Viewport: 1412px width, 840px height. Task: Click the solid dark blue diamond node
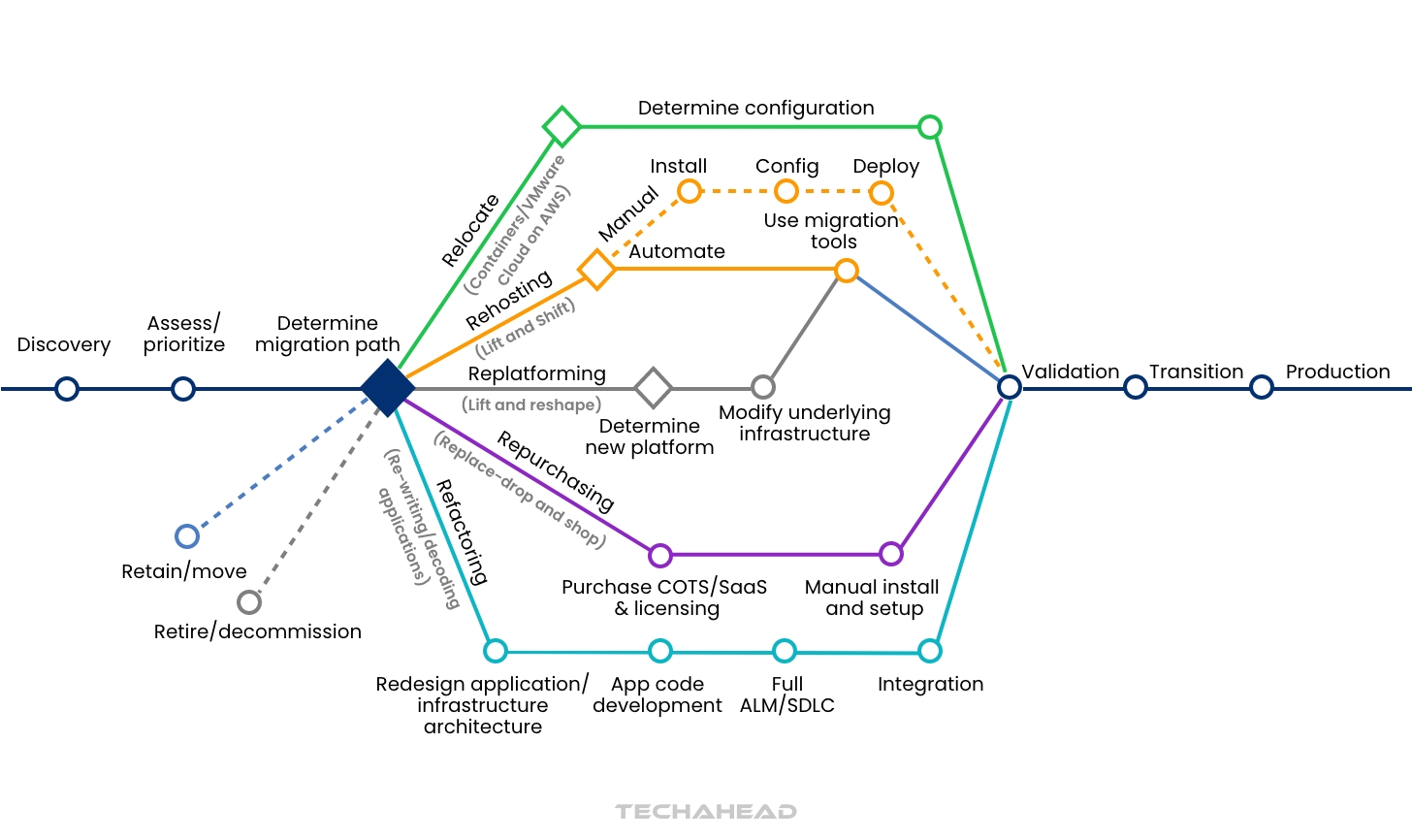388,388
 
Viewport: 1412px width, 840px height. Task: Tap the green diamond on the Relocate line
562,126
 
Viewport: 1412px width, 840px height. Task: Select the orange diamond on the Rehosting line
597,269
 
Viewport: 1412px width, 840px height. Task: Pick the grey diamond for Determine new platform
654,388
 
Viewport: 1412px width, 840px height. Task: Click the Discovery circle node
67,389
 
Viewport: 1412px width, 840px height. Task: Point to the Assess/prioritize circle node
183,389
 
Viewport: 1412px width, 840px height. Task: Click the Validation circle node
1010,387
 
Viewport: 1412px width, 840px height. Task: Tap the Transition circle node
1136,387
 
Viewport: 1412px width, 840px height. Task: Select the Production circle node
1262,387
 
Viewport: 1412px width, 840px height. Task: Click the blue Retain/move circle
187,536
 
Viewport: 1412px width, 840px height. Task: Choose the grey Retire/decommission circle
249,602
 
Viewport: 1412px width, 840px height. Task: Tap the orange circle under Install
690,191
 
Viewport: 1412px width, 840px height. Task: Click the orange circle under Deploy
882,192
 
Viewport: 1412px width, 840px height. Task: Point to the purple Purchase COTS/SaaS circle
660,555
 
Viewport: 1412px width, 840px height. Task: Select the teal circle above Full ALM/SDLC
785,650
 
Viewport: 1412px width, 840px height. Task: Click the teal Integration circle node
930,650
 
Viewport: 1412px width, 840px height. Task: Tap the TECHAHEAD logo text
706,811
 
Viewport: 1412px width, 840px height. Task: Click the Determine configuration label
755,108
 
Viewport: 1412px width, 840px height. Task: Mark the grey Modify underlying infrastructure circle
763,387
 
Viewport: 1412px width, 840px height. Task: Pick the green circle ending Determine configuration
930,126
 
